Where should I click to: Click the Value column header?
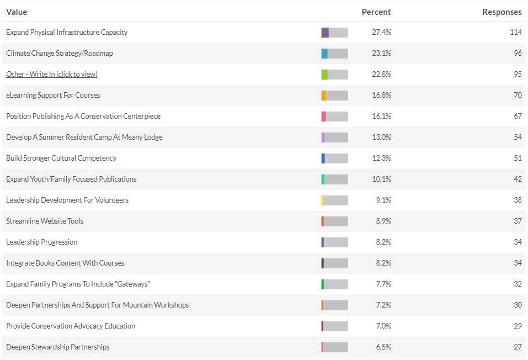17,12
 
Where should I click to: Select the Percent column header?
376,12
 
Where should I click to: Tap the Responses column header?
502,12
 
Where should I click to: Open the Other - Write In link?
52,74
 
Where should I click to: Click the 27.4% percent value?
381,32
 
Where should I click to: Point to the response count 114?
515,32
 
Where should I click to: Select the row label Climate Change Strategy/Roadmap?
60,53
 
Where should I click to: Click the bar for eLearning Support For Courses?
334,95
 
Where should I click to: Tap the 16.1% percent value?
381,116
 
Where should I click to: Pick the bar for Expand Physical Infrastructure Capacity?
334,32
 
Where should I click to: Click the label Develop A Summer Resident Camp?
84,137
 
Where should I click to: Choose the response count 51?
518,158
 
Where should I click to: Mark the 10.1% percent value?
381,179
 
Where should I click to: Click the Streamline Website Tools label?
45,221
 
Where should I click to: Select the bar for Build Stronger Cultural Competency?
334,158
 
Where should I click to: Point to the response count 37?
518,221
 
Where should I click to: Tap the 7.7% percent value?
383,284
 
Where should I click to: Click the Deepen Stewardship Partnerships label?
58,347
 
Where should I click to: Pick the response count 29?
518,326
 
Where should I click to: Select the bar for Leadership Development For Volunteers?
334,200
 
